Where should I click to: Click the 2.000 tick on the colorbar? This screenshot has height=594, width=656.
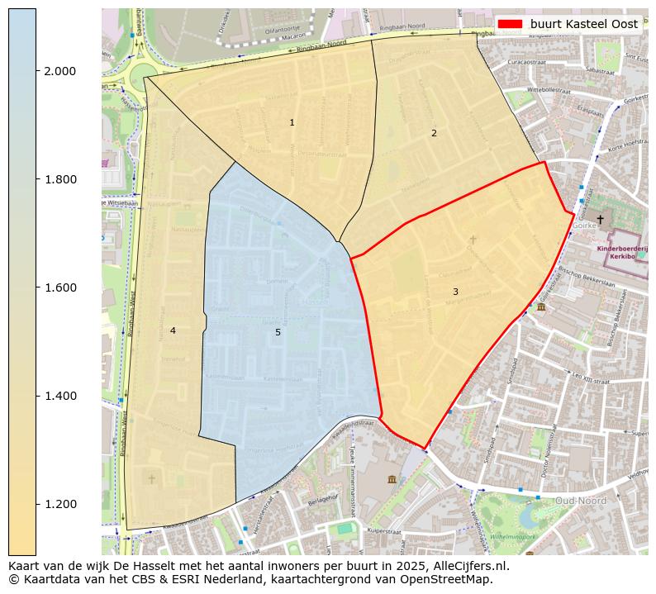pyautogui.click(x=59, y=71)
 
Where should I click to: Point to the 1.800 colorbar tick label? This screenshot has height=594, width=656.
pyautogui.click(x=59, y=179)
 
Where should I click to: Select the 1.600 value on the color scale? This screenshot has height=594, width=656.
pyautogui.click(x=59, y=287)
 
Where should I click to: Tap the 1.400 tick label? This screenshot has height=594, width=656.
pyautogui.click(x=59, y=396)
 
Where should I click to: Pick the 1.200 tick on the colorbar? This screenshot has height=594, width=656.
pyautogui.click(x=59, y=504)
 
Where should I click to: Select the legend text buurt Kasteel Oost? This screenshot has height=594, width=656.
pyautogui.click(x=583, y=24)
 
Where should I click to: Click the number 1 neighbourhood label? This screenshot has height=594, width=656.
pyautogui.click(x=292, y=122)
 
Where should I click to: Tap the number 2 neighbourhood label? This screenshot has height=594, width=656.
pyautogui.click(x=434, y=133)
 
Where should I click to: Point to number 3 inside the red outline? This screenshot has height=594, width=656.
pyautogui.click(x=455, y=292)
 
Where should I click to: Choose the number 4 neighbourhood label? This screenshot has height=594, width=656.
pyautogui.click(x=173, y=330)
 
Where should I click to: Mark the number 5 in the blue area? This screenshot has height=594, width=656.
pyautogui.click(x=278, y=332)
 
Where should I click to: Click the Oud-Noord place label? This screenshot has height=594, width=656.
pyautogui.click(x=580, y=501)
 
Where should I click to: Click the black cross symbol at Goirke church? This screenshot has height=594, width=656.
pyautogui.click(x=600, y=220)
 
